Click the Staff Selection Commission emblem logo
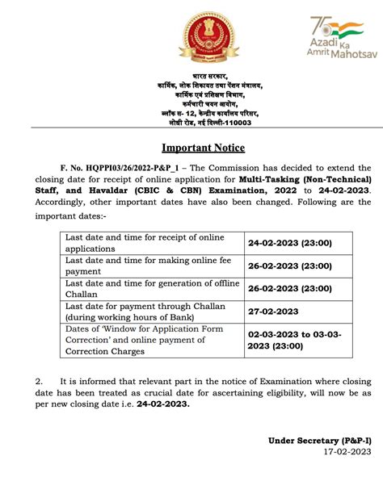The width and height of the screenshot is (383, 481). tap(191, 38)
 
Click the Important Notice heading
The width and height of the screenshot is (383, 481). tap(203, 148)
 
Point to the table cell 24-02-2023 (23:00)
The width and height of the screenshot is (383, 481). tap(290, 242)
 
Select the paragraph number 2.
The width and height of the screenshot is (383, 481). tap(38, 379)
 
